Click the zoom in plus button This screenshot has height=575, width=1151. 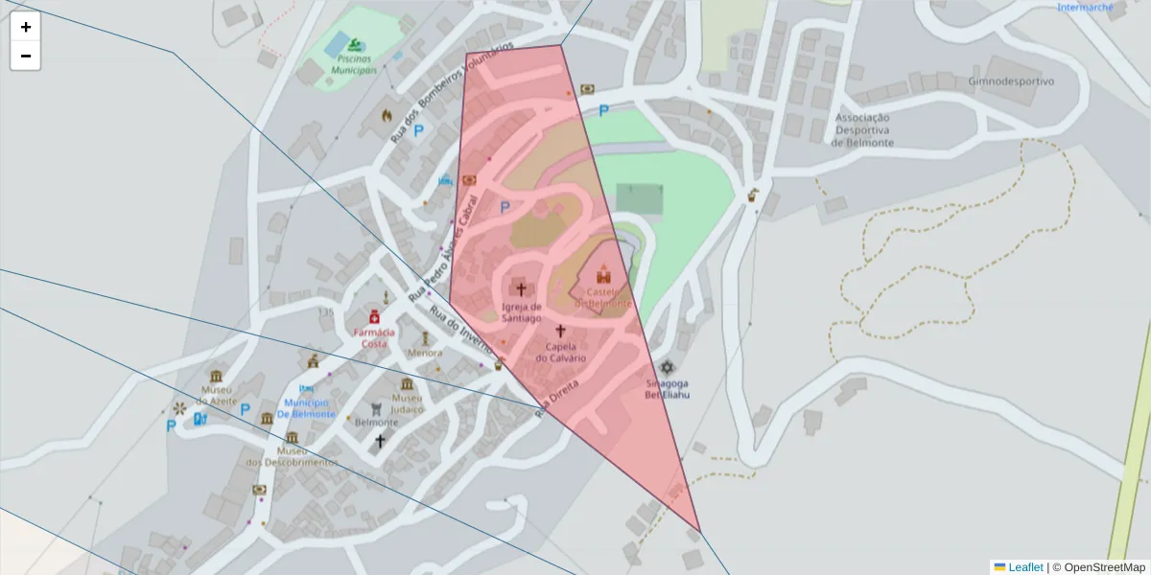pos(26,27)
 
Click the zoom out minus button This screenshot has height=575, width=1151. pos(26,56)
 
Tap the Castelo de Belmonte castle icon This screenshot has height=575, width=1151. pos(604,274)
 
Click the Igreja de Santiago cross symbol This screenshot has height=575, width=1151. pos(522,288)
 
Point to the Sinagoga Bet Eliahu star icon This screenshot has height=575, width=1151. pos(667,368)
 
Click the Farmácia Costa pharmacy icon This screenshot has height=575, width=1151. pos(374,317)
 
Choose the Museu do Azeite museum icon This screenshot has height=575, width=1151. pos(217,376)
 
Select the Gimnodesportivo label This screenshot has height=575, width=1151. pos(1011,81)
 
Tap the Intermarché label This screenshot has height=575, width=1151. pos(1085,8)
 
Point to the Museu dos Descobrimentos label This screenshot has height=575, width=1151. pos(292,456)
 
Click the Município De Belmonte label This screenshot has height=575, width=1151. pos(306,408)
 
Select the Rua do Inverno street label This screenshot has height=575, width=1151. pos(461,330)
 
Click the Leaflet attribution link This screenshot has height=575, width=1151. pos(1025,567)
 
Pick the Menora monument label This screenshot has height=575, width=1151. pos(425,353)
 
